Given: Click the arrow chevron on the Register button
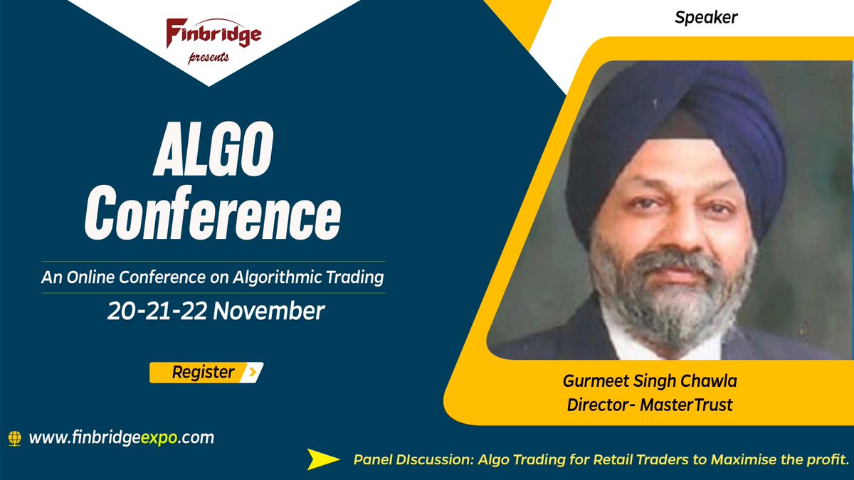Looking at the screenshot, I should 252,372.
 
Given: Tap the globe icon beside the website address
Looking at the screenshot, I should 15,438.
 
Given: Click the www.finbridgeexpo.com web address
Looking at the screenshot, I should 121,437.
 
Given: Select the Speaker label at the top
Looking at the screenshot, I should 706,18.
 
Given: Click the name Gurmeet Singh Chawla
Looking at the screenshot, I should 650,381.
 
